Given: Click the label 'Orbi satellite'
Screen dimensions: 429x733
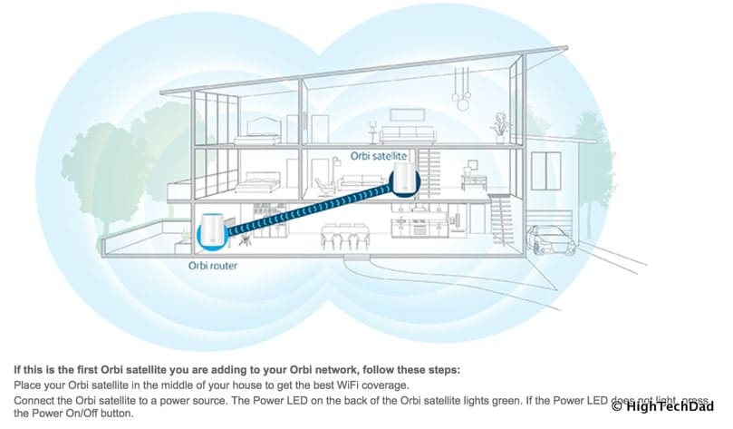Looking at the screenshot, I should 380,155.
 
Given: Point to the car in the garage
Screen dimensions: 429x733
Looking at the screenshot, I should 551,240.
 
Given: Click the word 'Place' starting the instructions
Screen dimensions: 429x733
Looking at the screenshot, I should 27,385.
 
